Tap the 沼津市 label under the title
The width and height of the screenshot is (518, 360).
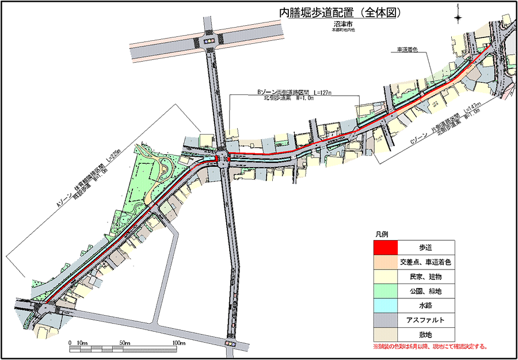coord(343,25)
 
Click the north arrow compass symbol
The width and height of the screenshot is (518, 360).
coord(458,17)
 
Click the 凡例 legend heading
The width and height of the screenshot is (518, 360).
coord(383,236)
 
